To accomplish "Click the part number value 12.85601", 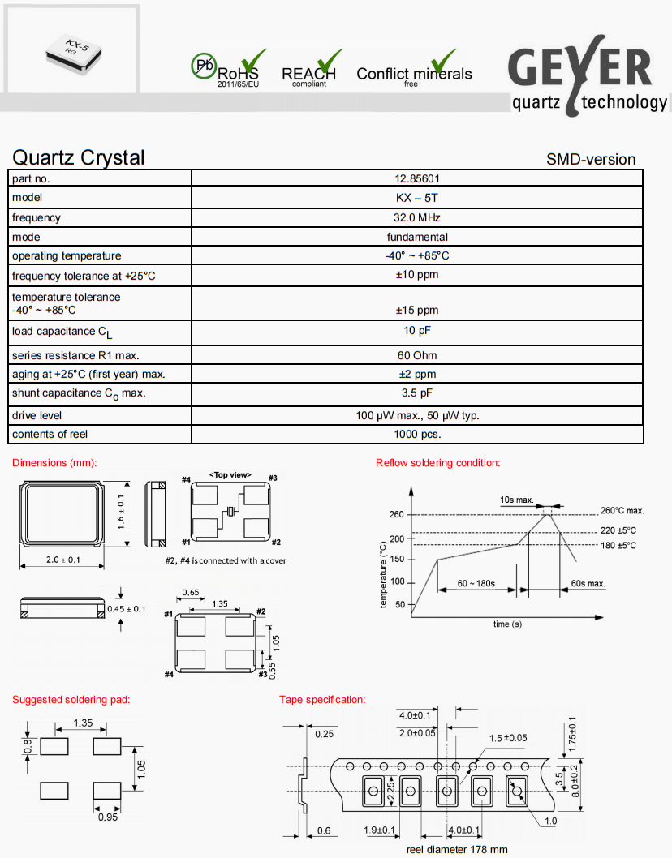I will [x=417, y=178].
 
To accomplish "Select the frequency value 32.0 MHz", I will [x=417, y=217].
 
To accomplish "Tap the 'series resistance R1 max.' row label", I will [x=76, y=355].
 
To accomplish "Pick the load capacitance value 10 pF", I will [x=417, y=331].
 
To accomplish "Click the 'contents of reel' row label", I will [x=50, y=434].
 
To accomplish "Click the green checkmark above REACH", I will [x=328, y=61].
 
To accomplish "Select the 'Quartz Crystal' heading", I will [x=79, y=157].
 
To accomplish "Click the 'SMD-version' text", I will [x=591, y=159].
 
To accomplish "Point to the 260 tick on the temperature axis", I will [x=396, y=515].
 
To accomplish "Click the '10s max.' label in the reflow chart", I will [x=517, y=500].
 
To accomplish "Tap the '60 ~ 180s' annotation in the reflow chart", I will [x=476, y=583].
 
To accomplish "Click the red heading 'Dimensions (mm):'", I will [x=54, y=463].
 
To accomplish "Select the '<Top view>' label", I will [x=230, y=474].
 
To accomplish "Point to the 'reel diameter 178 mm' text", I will [x=457, y=850].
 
